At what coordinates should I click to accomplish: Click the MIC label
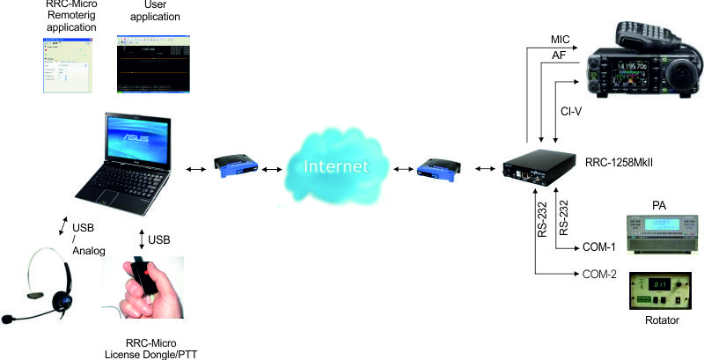click(561, 40)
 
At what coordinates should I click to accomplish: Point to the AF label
click(558, 55)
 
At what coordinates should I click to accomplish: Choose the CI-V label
click(571, 113)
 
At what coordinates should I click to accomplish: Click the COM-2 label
click(598, 273)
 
